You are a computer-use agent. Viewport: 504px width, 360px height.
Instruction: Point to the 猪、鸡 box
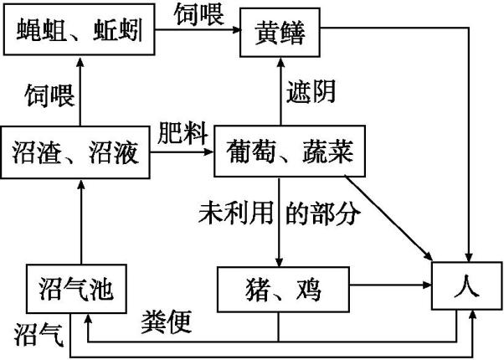coord(281,290)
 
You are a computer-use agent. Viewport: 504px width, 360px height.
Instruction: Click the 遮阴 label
coord(311,92)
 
